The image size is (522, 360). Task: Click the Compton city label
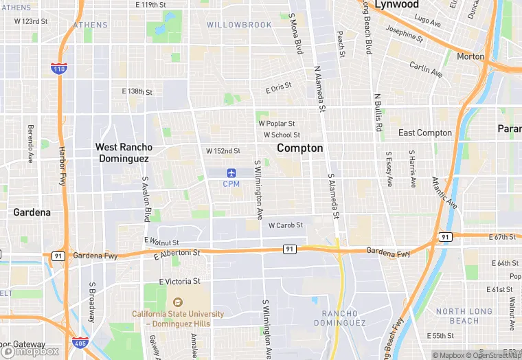299,148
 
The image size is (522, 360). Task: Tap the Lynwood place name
397,5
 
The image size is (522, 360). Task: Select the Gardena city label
32,212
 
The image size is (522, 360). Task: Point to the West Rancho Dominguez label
124,153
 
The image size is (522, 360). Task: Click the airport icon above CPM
231,172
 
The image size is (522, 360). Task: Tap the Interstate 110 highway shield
59,67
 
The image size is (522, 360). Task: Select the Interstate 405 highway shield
79,341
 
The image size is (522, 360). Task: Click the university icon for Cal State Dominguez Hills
178,302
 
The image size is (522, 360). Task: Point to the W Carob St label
285,225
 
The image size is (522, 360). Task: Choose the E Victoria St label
179,282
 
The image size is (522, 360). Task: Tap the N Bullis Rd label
378,113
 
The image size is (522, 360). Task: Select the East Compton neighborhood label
425,133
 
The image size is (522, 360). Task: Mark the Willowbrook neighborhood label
239,25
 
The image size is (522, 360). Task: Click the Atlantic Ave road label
444,192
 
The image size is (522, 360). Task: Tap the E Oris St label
278,89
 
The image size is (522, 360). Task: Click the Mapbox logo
31,350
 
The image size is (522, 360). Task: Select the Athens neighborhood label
91,25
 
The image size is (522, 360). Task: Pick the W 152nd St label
223,151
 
